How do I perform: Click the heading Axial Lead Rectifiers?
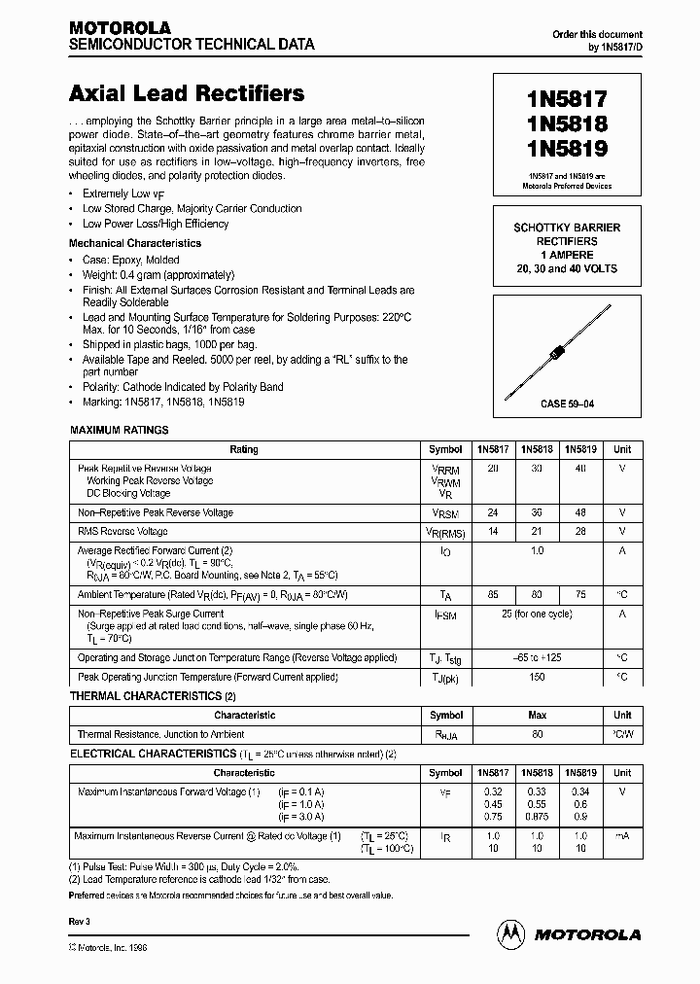(x=187, y=94)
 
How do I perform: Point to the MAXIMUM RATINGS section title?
(x=119, y=430)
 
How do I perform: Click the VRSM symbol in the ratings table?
(x=445, y=513)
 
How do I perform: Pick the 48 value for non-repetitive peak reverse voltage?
(x=581, y=513)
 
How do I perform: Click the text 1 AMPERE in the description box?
(x=567, y=255)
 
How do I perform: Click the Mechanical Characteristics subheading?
(x=135, y=243)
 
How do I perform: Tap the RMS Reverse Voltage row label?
(x=122, y=532)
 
